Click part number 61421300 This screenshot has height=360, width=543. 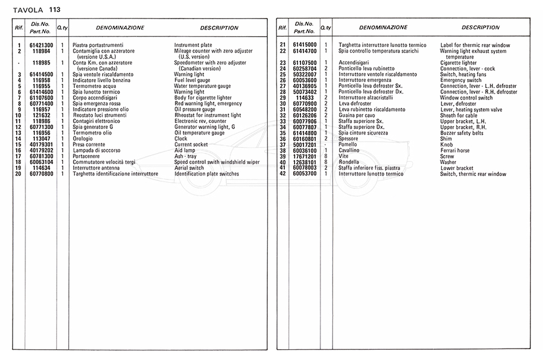click(41, 46)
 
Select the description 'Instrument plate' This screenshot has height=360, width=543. click(193, 46)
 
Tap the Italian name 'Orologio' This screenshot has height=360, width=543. click(83, 139)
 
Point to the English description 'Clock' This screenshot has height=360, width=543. click(181, 139)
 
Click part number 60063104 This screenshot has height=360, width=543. click(41, 162)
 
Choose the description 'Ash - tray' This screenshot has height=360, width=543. click(186, 156)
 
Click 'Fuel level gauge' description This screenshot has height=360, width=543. click(192, 80)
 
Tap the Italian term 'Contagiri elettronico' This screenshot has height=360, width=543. click(97, 121)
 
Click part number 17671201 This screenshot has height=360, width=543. click(305, 156)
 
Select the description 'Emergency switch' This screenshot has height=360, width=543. click(461, 80)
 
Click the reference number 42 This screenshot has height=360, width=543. click(282, 174)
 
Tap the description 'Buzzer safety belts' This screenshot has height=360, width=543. click(462, 133)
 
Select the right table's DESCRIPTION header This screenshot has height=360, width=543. click(480, 28)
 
